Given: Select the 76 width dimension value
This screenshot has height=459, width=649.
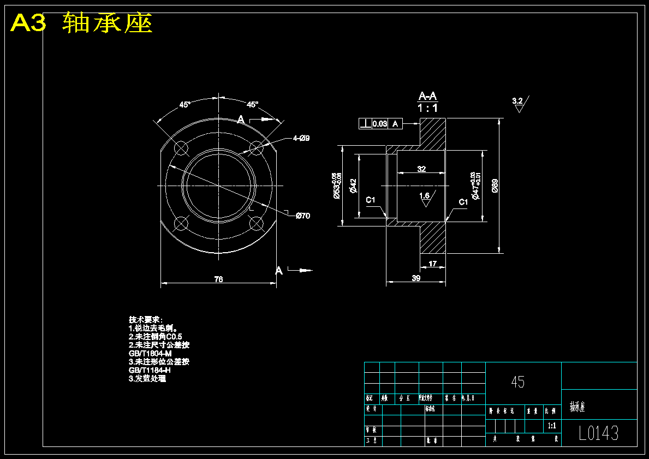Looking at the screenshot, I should [x=218, y=279].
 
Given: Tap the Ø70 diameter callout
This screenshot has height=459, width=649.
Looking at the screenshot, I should [x=302, y=216].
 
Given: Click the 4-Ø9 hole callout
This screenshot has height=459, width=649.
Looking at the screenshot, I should [x=301, y=138].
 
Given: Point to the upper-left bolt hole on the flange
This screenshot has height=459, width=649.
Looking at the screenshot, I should [x=181, y=147].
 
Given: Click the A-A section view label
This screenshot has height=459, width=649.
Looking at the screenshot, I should [x=427, y=97].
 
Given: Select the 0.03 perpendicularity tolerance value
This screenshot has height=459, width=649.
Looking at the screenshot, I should [x=379, y=124].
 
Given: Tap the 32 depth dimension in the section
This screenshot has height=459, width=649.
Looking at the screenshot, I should [x=421, y=169].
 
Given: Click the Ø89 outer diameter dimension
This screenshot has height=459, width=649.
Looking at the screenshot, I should [x=495, y=186].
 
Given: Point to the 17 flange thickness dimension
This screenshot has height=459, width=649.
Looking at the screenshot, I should [x=433, y=264].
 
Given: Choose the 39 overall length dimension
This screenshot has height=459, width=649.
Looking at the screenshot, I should [x=416, y=278].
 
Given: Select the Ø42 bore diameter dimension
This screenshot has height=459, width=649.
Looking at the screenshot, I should [x=353, y=186].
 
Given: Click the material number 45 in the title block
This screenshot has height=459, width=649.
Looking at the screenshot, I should [x=517, y=382].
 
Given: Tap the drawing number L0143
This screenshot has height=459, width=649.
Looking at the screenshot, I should [x=599, y=433].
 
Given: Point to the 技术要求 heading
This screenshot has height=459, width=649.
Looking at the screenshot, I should [x=142, y=319].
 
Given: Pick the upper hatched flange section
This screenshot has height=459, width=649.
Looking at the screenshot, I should [x=432, y=133].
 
